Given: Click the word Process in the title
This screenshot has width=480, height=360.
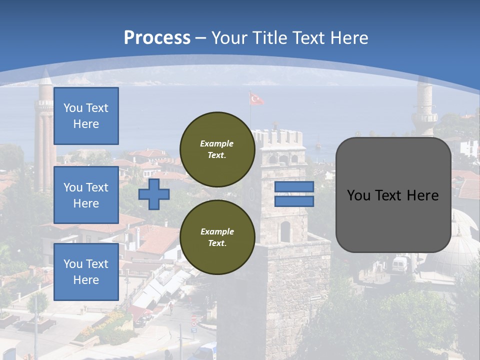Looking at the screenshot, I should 157,37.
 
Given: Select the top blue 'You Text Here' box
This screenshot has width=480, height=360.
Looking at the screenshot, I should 86,116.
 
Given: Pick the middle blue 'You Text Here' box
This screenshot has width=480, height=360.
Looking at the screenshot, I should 86,195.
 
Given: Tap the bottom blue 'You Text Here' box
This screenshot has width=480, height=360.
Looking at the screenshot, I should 86,271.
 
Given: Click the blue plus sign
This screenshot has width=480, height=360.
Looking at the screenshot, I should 153,194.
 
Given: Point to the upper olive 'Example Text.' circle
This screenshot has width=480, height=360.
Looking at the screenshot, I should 217,149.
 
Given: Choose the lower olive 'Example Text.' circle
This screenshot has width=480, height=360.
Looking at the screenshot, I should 217,237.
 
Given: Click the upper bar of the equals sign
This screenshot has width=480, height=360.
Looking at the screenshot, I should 294,186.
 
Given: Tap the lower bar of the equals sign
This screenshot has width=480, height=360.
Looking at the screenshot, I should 294,201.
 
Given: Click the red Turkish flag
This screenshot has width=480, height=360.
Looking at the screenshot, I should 256,99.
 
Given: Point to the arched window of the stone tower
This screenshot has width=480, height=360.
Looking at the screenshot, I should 285,231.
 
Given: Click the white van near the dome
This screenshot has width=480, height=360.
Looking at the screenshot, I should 399,263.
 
